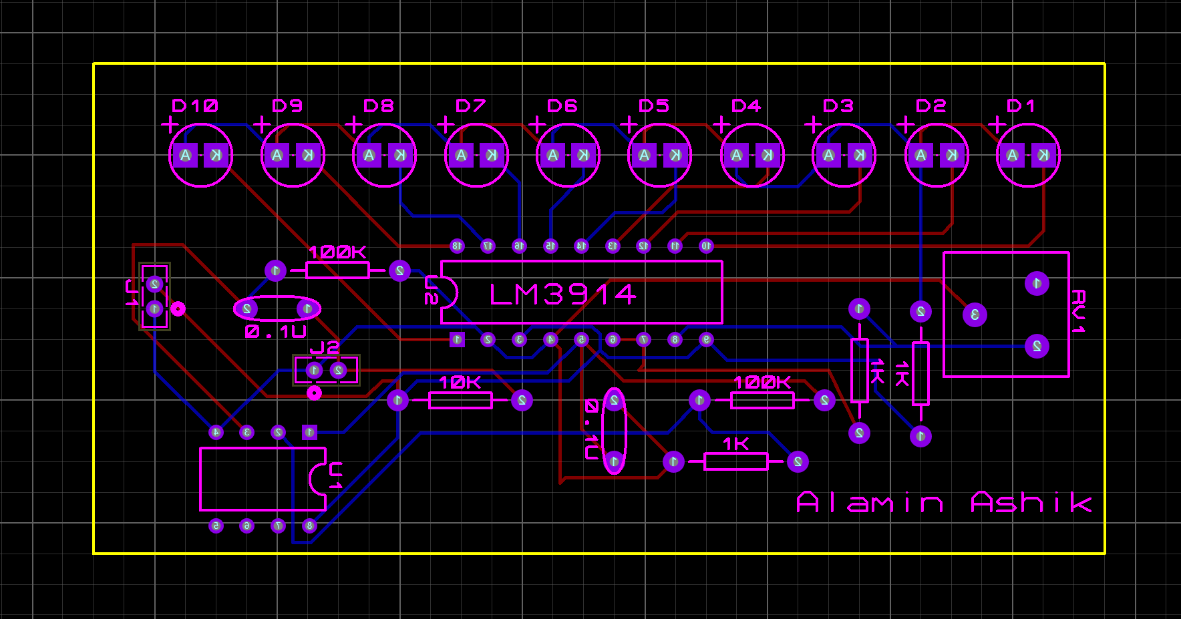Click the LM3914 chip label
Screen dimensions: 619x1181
click(562, 294)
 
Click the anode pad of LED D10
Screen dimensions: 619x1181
click(186, 156)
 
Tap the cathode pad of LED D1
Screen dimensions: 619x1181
click(1043, 156)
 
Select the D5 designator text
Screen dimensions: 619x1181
click(653, 106)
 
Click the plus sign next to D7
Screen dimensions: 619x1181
click(445, 125)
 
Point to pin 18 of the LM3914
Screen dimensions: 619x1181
click(457, 246)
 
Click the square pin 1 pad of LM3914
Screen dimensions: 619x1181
click(457, 339)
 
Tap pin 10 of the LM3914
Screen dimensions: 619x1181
click(706, 246)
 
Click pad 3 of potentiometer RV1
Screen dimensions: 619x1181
click(975, 315)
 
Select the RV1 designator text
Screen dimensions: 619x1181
click(1078, 311)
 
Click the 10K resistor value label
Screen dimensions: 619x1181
click(460, 383)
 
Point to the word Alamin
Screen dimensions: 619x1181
click(870, 502)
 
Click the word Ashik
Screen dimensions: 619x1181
click(1031, 502)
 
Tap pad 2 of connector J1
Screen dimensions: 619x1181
click(154, 284)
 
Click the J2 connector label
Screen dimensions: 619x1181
click(325, 348)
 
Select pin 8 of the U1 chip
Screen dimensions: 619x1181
click(309, 526)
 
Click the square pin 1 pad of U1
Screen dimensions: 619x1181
click(309, 432)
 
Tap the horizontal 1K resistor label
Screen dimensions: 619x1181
click(735, 444)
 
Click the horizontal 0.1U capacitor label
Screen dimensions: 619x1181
click(275, 332)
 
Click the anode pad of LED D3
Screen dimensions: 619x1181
click(828, 156)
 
